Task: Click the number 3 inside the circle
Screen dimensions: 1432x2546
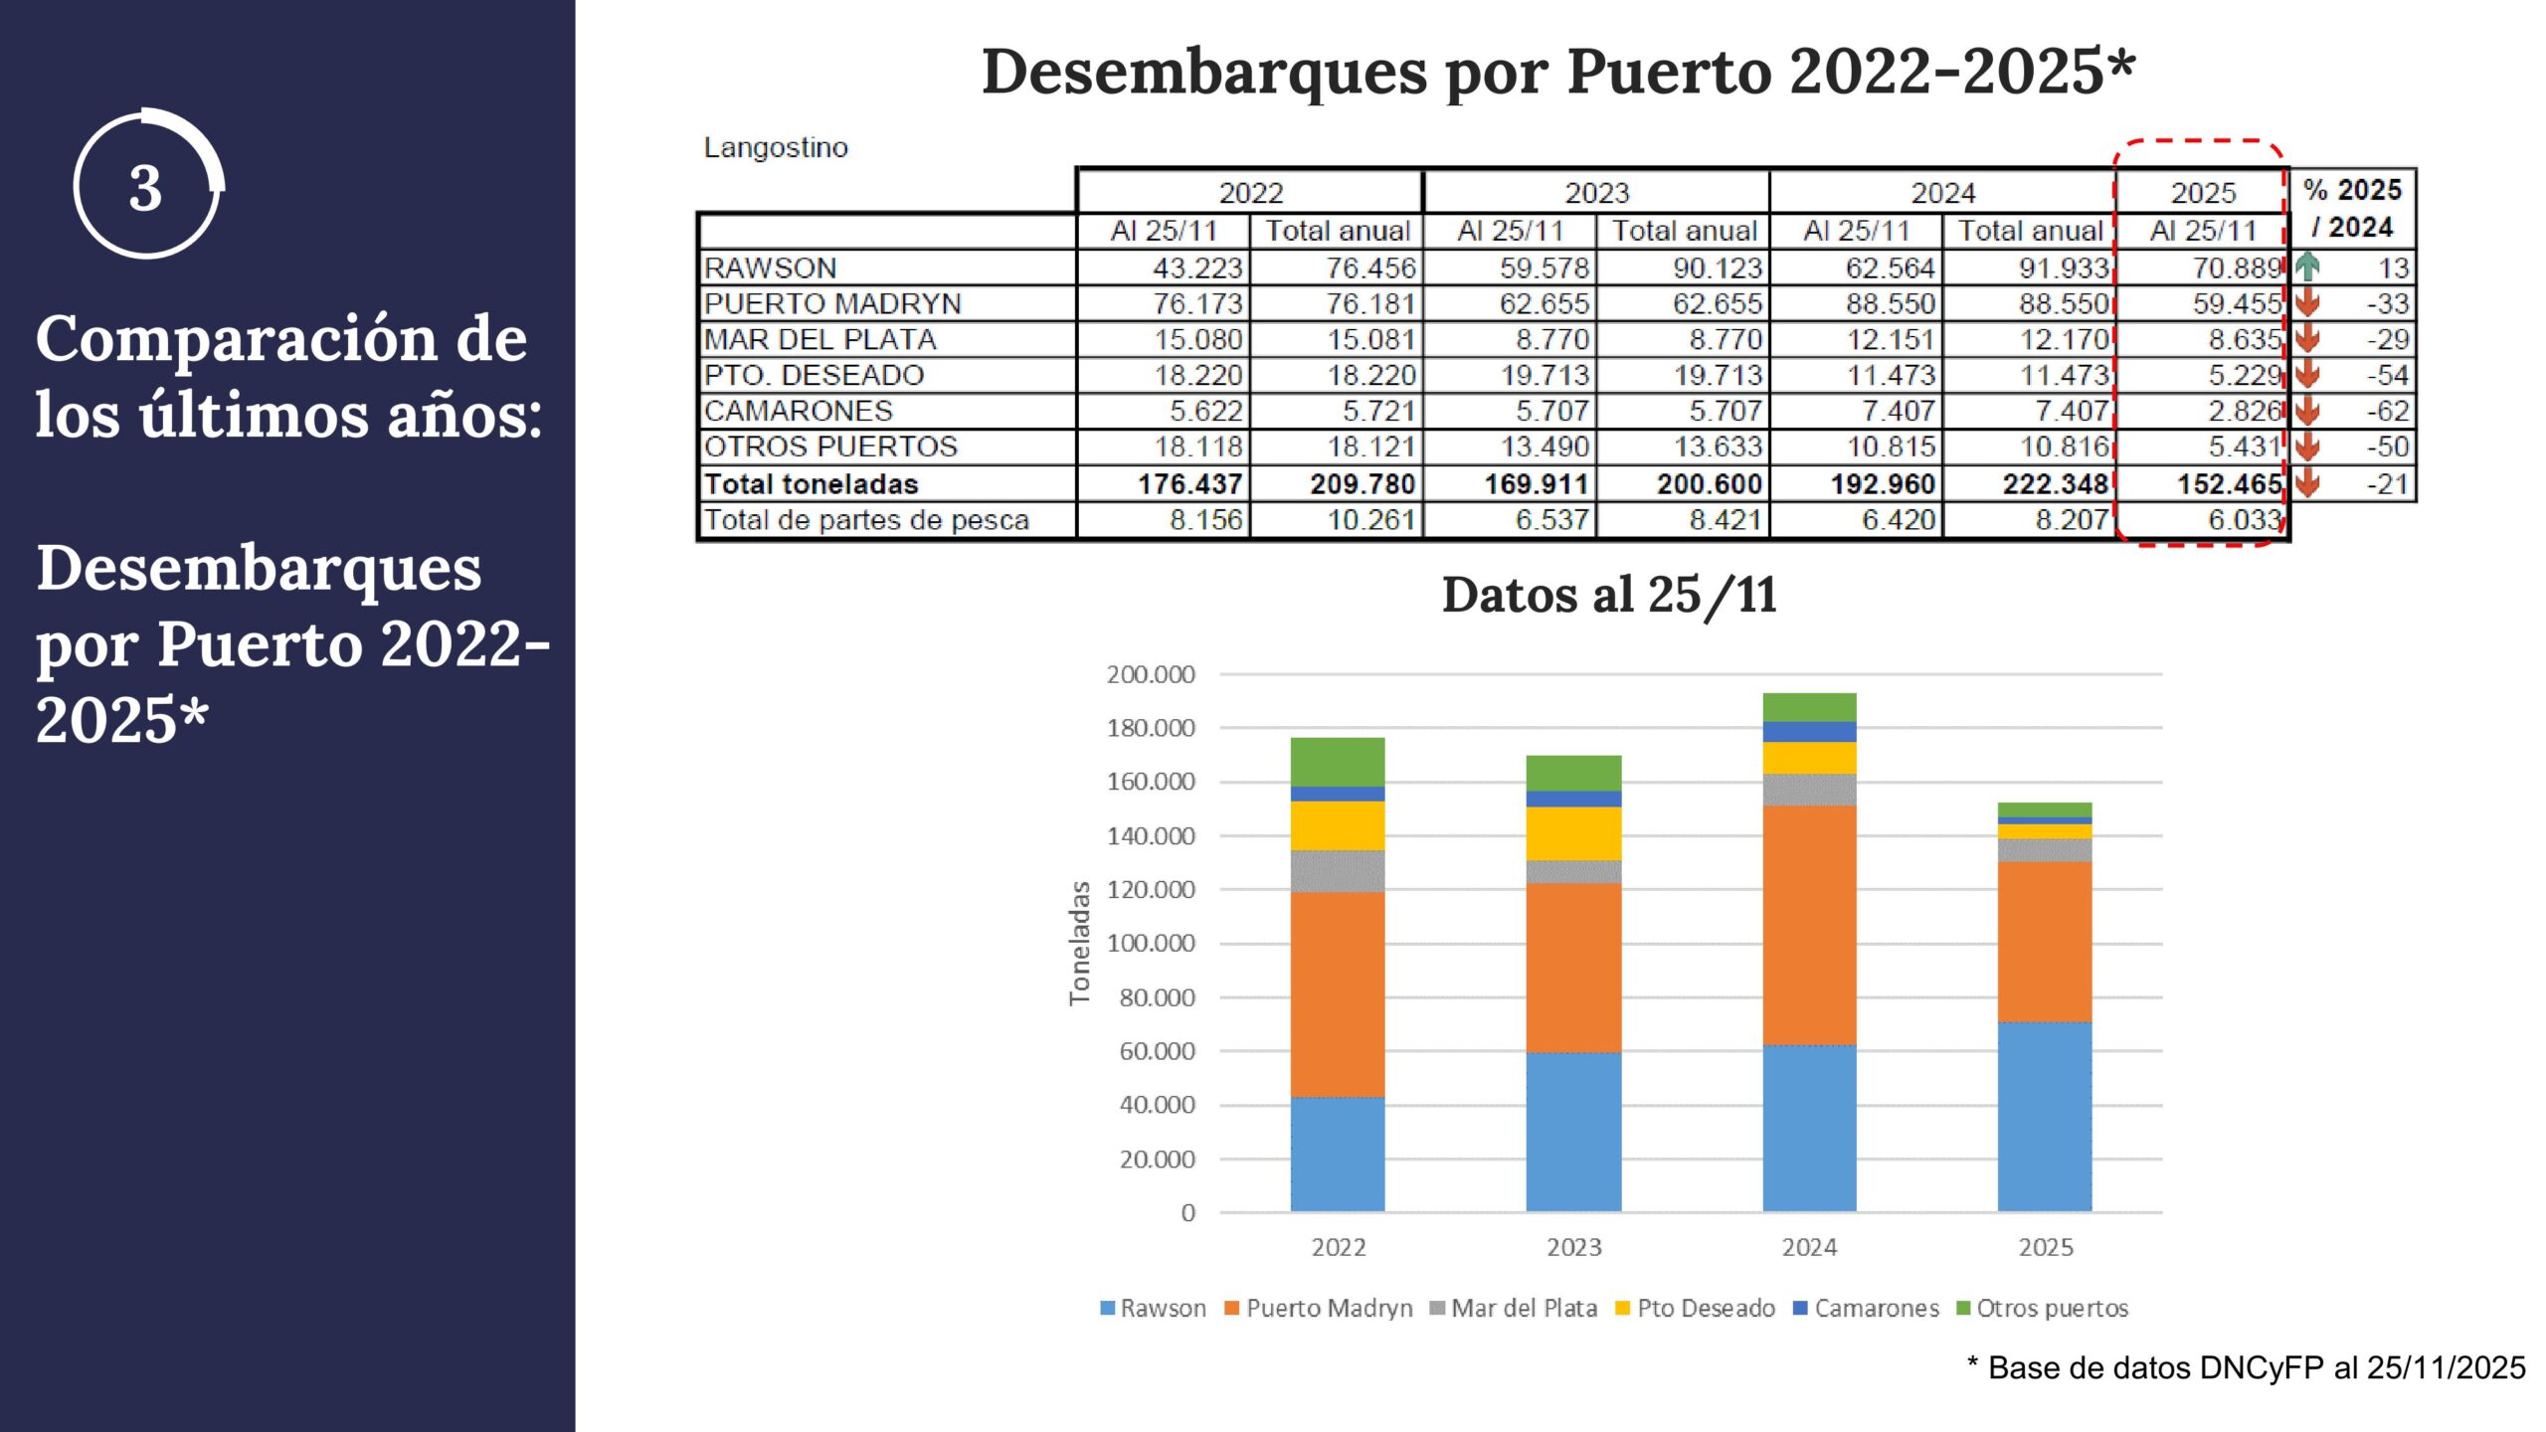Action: (145, 188)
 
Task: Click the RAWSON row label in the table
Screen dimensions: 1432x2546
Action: (770, 268)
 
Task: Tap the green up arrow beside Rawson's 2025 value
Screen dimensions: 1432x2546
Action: (2307, 267)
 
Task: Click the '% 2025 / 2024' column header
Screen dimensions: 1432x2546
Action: (2352, 208)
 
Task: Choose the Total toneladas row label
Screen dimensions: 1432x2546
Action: (811, 484)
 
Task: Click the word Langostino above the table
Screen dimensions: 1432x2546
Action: (776, 147)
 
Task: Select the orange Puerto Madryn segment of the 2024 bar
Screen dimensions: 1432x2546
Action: (1809, 925)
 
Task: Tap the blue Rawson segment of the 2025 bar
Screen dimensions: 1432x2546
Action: (2045, 1116)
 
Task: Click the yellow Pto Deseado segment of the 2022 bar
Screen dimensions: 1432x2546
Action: (1338, 825)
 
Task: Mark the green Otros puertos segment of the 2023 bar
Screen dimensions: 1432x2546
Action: (1573, 773)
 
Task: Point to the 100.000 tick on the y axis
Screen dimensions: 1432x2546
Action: (1151, 943)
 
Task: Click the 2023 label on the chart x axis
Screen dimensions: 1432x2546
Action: (1573, 1247)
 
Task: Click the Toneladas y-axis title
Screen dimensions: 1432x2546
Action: (1079, 943)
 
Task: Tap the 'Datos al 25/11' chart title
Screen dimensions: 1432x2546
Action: (1608, 595)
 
